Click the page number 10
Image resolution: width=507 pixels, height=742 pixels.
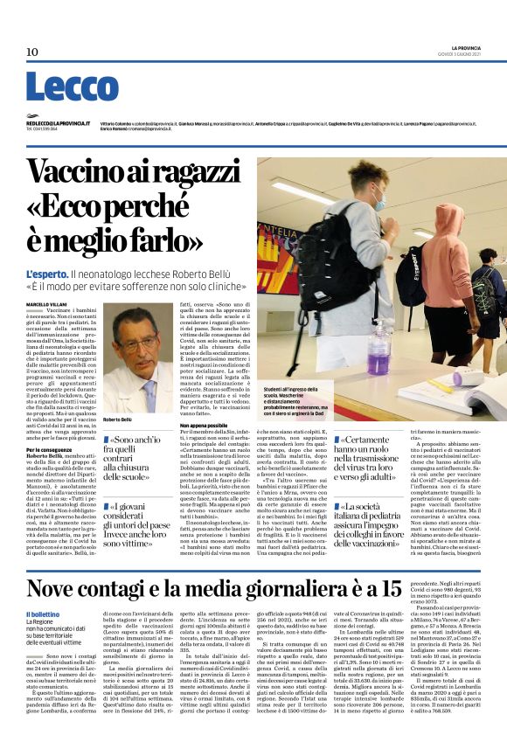point(31,52)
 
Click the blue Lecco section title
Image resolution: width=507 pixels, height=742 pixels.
point(72,87)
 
